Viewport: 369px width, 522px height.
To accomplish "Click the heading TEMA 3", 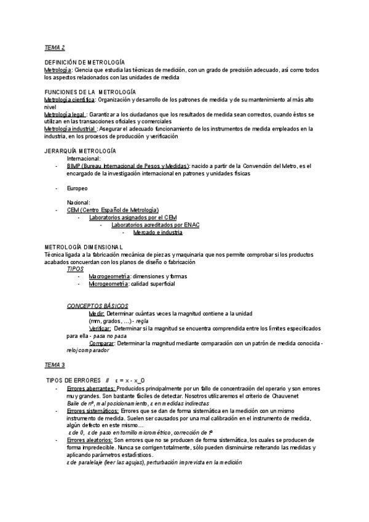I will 55,365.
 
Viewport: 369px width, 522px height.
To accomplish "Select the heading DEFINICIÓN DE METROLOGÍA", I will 85,63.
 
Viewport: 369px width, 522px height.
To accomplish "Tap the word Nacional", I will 79,203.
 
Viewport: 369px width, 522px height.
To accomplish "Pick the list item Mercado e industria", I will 157,233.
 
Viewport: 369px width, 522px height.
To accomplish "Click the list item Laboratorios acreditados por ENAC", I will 155,225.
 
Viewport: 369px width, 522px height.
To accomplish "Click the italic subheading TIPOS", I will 75,269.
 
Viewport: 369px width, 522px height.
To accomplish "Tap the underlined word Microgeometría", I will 108,284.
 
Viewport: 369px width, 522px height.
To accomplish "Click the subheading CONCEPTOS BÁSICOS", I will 98,306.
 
